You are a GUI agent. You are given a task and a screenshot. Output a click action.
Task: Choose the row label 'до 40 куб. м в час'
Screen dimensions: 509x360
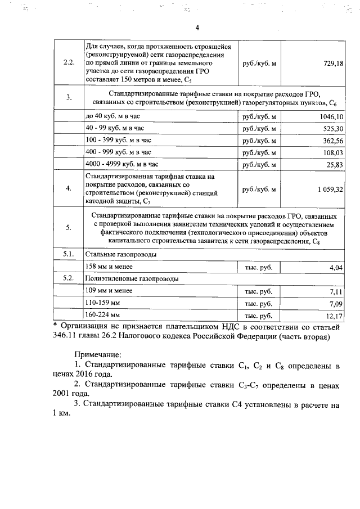click(112, 117)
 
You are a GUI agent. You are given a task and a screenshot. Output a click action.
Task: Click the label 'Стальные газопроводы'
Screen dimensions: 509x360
click(121, 255)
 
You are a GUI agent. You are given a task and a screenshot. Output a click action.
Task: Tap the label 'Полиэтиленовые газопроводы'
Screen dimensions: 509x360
click(133, 280)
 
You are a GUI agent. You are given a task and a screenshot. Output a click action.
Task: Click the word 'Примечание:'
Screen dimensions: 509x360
click(98, 355)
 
